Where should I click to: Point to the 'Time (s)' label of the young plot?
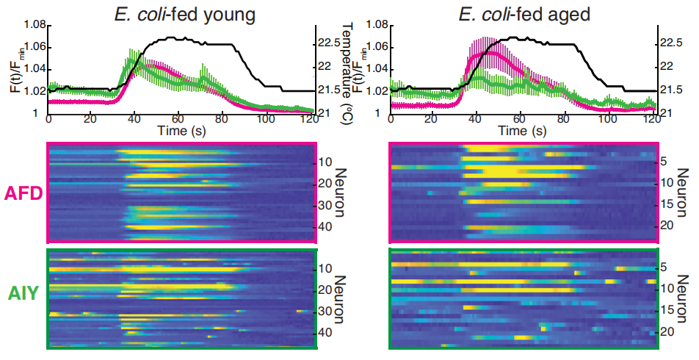(x=178, y=130)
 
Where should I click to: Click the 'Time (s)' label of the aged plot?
(x=521, y=130)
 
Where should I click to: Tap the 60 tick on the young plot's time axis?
(x=178, y=119)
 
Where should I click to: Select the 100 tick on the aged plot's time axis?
(x=609, y=119)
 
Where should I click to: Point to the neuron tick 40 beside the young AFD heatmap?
(x=325, y=228)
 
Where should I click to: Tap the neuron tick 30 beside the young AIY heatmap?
(x=325, y=312)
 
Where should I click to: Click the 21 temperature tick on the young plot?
(x=324, y=112)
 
